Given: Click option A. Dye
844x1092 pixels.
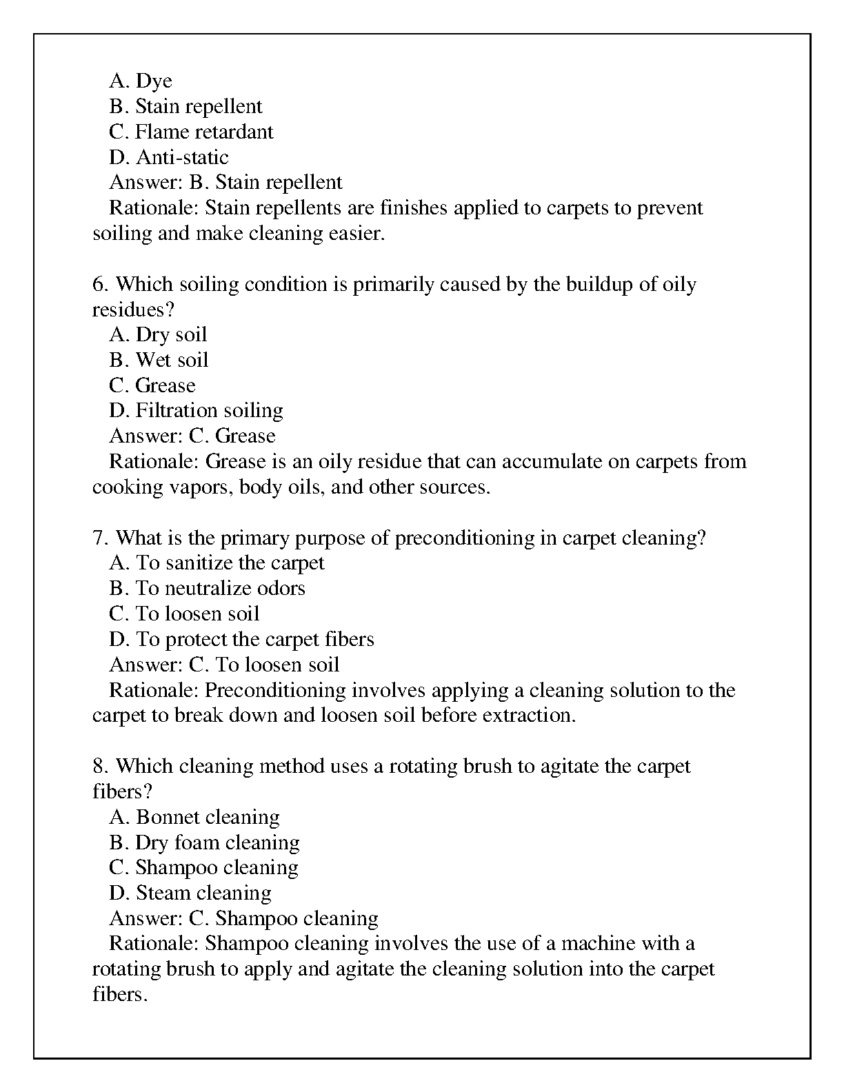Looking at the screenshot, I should click(141, 81).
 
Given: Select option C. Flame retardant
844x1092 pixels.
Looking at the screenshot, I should click(191, 132).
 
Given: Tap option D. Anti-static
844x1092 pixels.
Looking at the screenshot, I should click(169, 157).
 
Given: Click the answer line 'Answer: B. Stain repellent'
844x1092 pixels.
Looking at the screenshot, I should click(225, 183).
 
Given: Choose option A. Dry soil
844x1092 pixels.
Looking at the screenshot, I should click(158, 335).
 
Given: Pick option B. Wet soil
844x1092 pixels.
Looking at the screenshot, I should click(159, 361).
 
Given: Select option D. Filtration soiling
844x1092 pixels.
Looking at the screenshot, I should click(196, 411).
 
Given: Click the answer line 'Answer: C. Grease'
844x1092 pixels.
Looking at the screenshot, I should click(192, 436).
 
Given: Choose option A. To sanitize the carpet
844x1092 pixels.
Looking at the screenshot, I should click(217, 563).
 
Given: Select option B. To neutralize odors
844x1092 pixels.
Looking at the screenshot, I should click(207, 589).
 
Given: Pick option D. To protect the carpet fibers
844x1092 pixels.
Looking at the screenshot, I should click(241, 639).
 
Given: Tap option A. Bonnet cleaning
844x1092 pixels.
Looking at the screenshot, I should click(194, 818).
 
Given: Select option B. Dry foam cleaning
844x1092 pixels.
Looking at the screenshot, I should click(204, 842).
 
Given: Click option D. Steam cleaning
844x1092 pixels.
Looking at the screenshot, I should click(190, 893).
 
